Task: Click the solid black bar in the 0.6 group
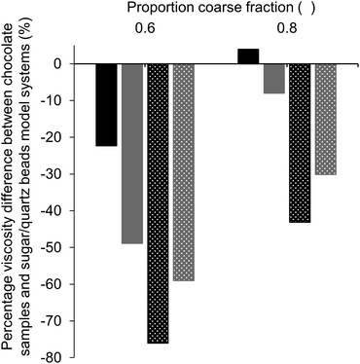tap(106, 105)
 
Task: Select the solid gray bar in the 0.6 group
tap(131, 154)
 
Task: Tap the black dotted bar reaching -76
tap(157, 203)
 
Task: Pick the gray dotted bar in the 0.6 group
tap(182, 172)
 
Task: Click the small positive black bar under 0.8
tap(248, 56)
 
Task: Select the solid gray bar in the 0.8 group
tap(273, 79)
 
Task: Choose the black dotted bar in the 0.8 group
tap(300, 143)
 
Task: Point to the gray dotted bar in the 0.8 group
tap(325, 120)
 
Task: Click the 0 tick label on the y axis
tap(57, 64)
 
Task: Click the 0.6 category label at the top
tap(144, 28)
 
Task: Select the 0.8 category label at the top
tap(287, 28)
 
